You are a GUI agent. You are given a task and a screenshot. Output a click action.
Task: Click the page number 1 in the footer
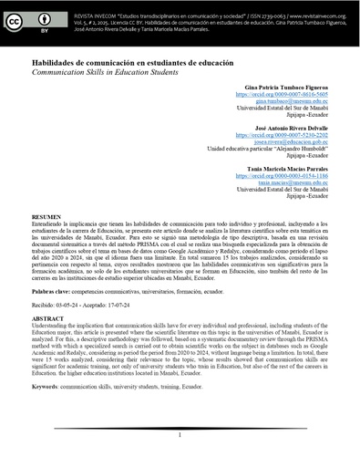click(x=180, y=436)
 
